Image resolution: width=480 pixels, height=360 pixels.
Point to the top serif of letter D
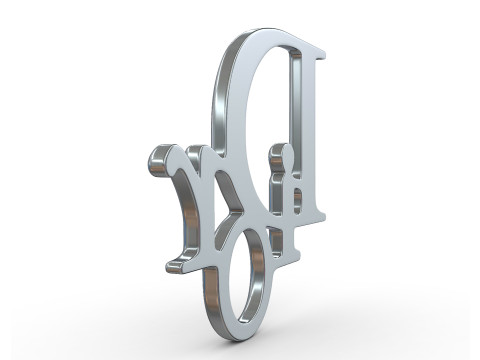click(x=310, y=44)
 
